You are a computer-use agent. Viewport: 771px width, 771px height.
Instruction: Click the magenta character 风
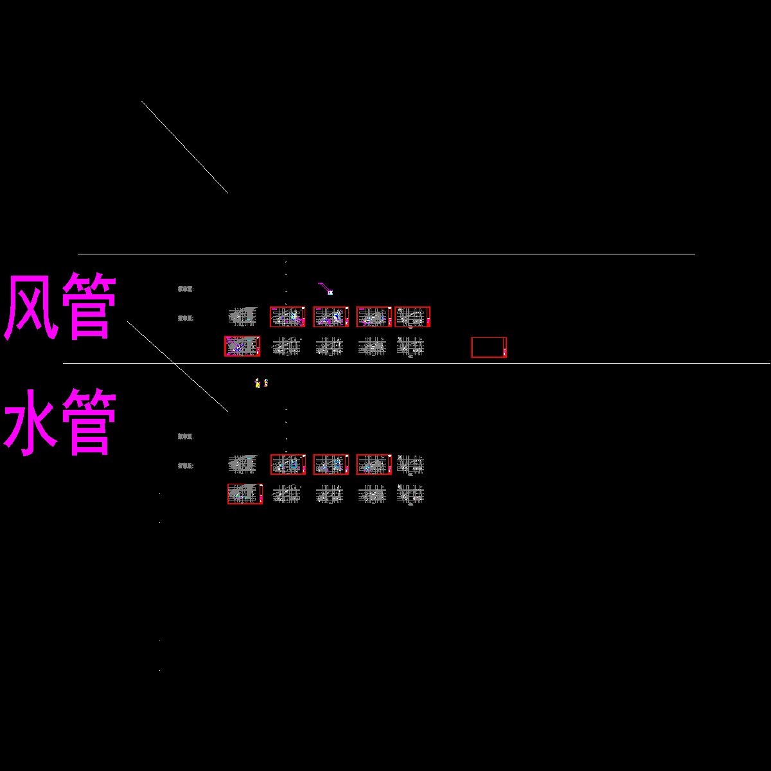32,307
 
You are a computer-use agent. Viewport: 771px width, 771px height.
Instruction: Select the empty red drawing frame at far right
488,347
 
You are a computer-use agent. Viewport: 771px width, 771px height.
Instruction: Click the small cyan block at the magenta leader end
330,292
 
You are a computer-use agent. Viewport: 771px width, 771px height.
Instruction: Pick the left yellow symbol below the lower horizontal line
257,384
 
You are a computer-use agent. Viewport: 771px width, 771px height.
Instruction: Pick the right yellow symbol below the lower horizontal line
266,383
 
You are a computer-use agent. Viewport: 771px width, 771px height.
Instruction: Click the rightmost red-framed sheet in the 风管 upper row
412,317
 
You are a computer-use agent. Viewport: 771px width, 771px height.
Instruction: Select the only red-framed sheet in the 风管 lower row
242,346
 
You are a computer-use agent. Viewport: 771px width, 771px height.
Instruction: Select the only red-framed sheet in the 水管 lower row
245,494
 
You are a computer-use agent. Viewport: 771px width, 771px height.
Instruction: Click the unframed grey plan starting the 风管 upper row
242,316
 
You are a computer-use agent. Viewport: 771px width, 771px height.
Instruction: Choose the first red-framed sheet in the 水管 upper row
288,465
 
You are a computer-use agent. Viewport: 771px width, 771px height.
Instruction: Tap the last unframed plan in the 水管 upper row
410,464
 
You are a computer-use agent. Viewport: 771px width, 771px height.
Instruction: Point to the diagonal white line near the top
184,146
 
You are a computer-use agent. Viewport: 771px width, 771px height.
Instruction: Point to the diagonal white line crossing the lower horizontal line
177,366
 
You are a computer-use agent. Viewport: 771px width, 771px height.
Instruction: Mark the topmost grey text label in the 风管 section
186,289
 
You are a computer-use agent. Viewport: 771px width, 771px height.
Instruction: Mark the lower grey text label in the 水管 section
186,466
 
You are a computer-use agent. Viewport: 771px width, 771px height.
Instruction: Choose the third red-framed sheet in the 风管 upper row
374,317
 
